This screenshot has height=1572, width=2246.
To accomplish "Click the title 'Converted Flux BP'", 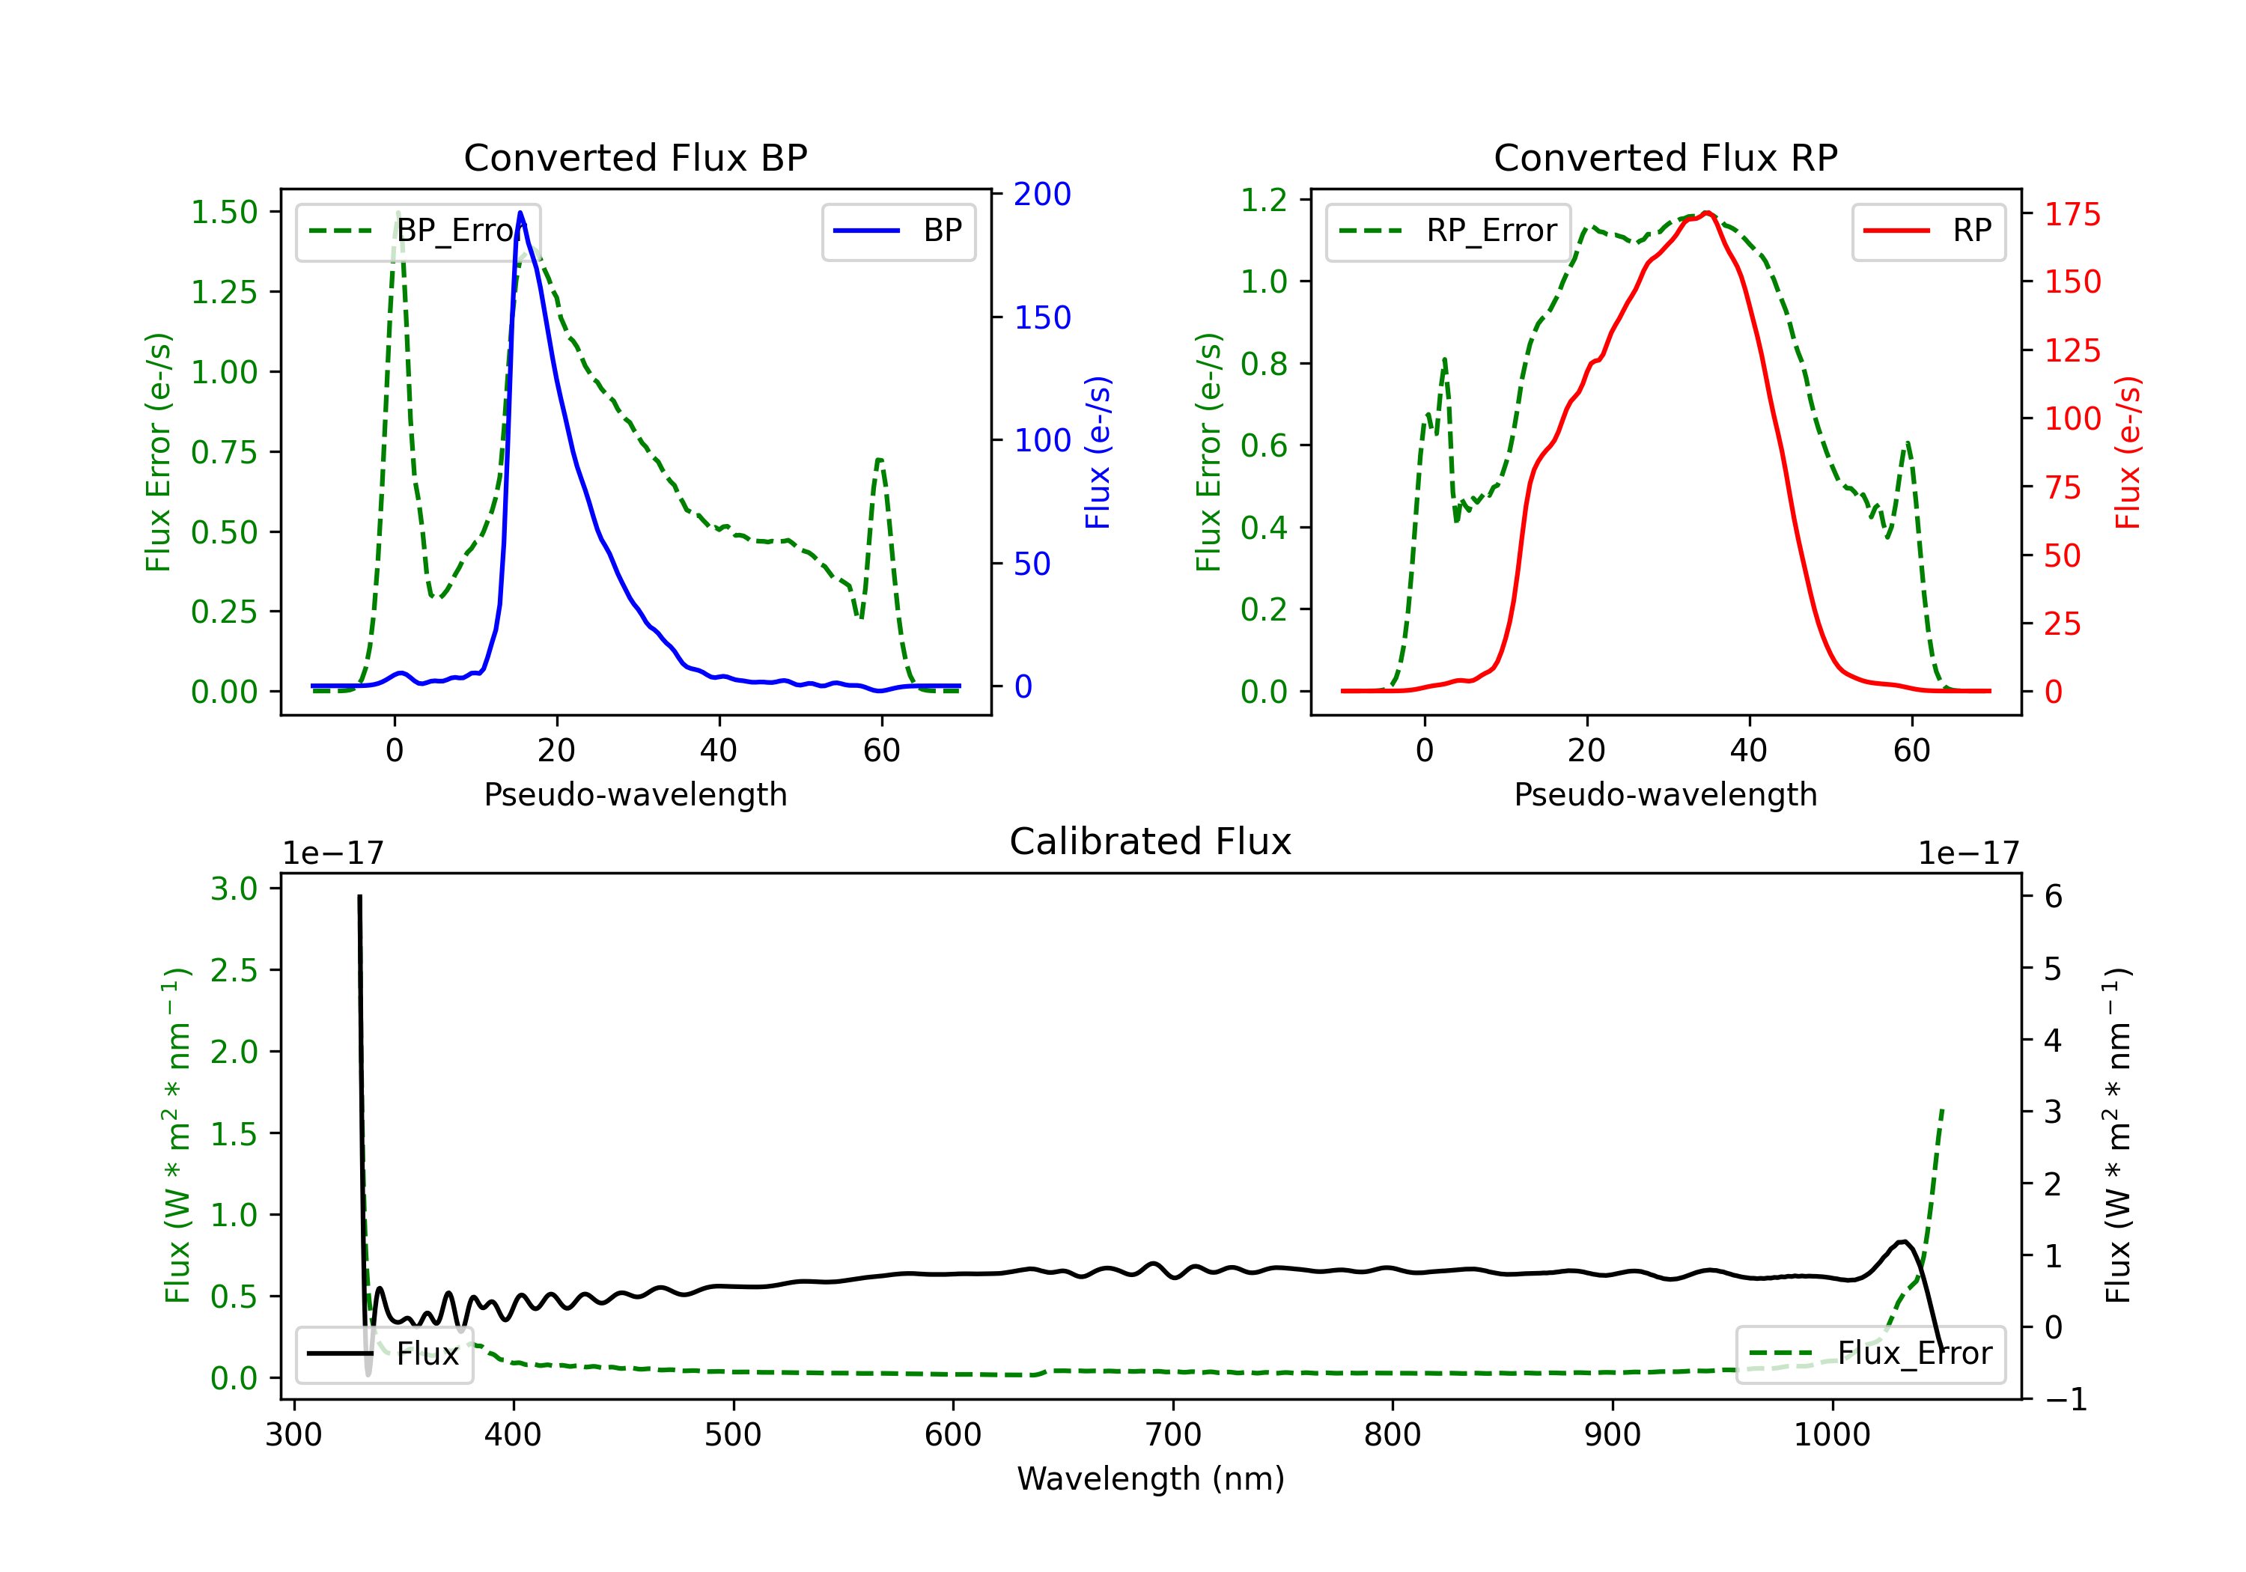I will point(635,157).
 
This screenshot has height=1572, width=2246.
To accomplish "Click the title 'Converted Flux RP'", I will point(1665,157).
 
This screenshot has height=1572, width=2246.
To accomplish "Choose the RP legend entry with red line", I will point(1928,231).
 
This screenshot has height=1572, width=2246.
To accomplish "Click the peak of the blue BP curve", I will point(520,213).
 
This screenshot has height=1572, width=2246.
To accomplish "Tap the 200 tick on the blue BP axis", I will point(1042,194).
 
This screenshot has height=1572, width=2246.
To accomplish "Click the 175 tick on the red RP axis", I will point(2072,213).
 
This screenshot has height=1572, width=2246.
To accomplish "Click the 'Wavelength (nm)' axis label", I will point(1151,1478).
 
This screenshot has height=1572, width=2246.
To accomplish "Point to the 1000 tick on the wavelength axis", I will point(1831,1434).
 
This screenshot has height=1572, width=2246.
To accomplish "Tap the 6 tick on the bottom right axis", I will point(2054,896).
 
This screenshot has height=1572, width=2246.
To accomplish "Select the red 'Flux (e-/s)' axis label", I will point(2128,452).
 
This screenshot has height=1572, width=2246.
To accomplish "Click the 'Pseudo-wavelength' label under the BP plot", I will point(635,794).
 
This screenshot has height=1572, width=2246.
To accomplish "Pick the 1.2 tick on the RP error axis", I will point(1264,200).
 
